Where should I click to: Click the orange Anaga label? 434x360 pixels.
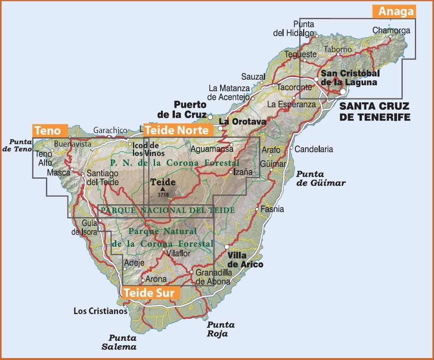click(x=394, y=11)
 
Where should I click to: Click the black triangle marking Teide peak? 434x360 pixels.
click(x=162, y=189)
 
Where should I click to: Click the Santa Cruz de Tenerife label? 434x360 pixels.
click(x=374, y=111)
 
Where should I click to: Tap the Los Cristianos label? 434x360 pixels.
click(x=100, y=311)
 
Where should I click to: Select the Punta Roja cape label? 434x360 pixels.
click(x=221, y=329)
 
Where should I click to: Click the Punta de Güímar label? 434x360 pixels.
click(x=321, y=178)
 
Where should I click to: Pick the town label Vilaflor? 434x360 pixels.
click(x=178, y=253)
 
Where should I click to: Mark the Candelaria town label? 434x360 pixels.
click(x=314, y=149)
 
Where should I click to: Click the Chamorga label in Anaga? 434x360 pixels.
click(x=391, y=30)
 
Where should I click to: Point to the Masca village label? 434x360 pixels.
click(x=58, y=172)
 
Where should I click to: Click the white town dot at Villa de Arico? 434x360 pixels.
click(x=227, y=247)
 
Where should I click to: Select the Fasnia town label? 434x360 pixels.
click(x=272, y=209)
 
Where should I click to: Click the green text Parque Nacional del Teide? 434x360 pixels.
click(x=168, y=211)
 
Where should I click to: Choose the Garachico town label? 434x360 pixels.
click(x=110, y=130)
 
